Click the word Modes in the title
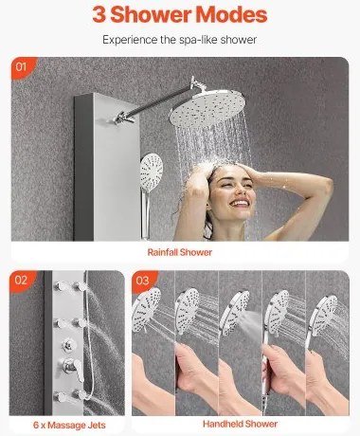(x=231, y=14)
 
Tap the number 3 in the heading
(x=99, y=14)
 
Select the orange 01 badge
(x=22, y=67)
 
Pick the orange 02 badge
(x=21, y=281)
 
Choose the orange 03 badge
(x=143, y=281)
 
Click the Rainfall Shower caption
(x=180, y=252)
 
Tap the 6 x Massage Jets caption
(x=69, y=425)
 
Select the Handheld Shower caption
(x=240, y=424)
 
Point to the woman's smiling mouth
(x=240, y=203)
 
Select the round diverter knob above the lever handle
(x=68, y=345)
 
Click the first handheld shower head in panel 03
(x=146, y=309)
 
